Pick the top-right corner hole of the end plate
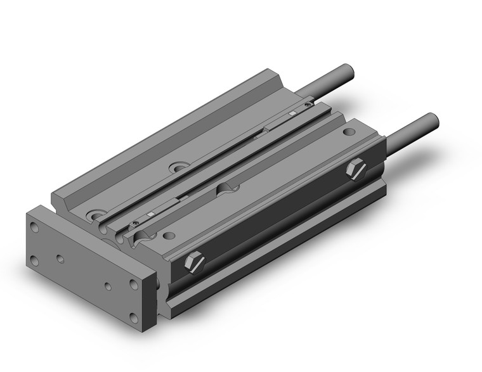(134, 283)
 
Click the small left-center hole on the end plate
(60, 259)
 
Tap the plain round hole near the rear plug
(348, 133)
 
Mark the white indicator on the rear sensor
(292, 113)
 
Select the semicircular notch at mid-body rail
(226, 188)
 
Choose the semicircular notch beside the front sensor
(141, 236)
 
